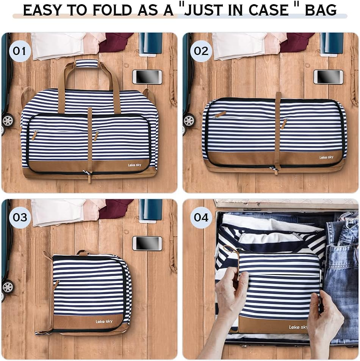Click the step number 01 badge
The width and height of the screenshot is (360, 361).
tap(20, 51)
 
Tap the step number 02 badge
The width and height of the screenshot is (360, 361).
tap(201, 51)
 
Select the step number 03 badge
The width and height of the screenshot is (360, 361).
tap(20, 217)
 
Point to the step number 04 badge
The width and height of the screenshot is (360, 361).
tap(201, 217)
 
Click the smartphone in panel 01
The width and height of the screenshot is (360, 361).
tap(147, 77)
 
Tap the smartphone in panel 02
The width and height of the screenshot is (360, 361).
tap(328, 77)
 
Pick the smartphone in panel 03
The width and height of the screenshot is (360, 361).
tap(147, 243)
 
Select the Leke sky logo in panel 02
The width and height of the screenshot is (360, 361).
tap(326, 157)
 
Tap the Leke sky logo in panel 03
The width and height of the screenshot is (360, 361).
tap(104, 322)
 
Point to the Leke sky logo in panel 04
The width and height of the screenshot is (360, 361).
tap(298, 327)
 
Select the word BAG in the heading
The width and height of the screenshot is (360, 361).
tap(321, 10)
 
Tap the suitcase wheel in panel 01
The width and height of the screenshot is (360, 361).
tap(8, 120)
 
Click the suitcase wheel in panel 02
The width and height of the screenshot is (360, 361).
tap(188, 120)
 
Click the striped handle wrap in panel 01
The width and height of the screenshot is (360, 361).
tap(87, 63)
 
